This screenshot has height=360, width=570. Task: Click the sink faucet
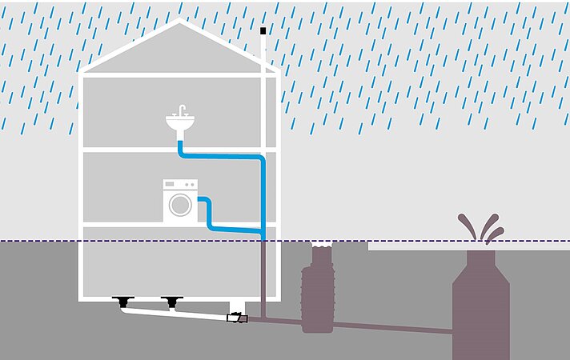click(182, 110)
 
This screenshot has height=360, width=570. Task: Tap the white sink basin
click(182, 124)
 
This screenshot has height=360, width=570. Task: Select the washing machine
click(180, 201)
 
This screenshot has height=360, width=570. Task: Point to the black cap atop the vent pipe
click(263, 31)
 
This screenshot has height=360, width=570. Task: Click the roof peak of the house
click(179, 23)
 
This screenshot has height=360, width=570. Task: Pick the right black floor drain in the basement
click(171, 302)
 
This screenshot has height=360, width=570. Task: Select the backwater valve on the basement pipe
click(238, 318)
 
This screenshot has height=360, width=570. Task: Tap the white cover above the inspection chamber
click(321, 244)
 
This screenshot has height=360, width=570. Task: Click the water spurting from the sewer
click(481, 228)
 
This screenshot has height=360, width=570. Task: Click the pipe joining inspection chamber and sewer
click(392, 327)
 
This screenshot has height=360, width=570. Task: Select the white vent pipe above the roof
click(263, 52)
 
